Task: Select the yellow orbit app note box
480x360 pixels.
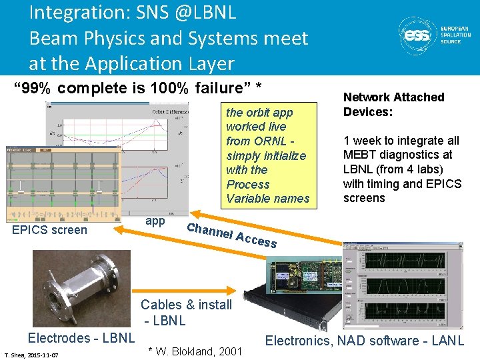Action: tap(267, 155)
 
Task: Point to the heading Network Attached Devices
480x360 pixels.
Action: tap(393, 104)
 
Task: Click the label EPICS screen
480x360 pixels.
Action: tap(50, 230)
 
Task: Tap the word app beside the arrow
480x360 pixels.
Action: tap(155, 221)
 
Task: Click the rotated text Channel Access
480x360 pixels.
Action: tap(231, 235)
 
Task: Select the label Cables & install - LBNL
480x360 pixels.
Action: tap(186, 312)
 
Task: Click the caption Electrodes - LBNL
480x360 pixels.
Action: tap(81, 338)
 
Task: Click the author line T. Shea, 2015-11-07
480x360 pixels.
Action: tap(31, 355)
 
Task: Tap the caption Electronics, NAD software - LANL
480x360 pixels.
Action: tap(365, 341)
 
